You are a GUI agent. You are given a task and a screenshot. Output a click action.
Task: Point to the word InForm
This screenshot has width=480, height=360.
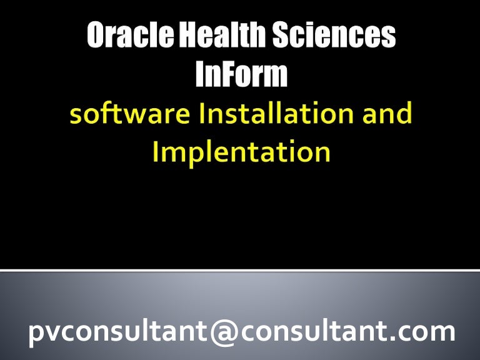coord(241,76)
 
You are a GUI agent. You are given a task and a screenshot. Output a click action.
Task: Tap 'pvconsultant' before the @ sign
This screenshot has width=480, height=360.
coord(122,331)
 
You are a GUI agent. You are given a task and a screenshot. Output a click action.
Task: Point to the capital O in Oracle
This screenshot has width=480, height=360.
coord(97,37)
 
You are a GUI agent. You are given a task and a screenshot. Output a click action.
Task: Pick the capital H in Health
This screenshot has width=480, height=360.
coord(189,37)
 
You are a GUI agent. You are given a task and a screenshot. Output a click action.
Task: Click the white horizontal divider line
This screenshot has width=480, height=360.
coord(240,271)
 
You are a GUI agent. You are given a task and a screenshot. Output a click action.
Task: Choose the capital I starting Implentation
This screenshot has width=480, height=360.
coord(156,152)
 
